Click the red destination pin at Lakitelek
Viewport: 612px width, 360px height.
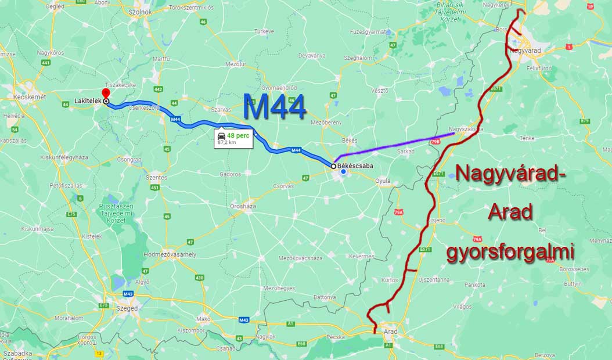click(105, 94)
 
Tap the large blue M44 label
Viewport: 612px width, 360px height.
click(274, 107)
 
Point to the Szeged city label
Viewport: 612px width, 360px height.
click(126, 308)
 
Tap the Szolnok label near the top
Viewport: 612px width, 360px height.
click(140, 12)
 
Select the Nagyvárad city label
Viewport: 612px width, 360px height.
click(524, 51)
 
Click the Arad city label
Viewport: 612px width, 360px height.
click(391, 332)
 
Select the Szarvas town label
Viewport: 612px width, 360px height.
click(221, 109)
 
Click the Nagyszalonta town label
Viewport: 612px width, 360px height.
click(466, 129)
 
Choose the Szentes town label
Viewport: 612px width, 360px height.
click(157, 178)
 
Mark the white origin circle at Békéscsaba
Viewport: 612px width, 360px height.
click(333, 166)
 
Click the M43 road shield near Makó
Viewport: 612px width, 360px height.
click(243, 320)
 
